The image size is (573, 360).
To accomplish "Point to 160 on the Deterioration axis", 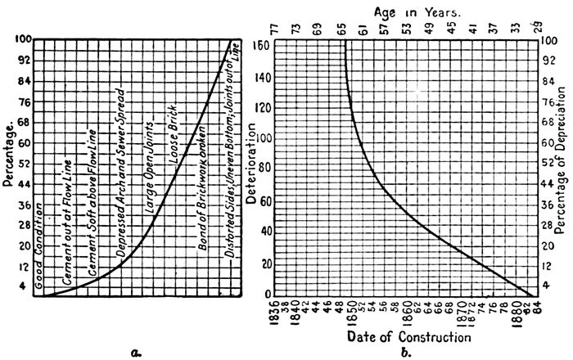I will click(261, 45).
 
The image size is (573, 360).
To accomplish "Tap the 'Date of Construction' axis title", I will click(409, 336).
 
